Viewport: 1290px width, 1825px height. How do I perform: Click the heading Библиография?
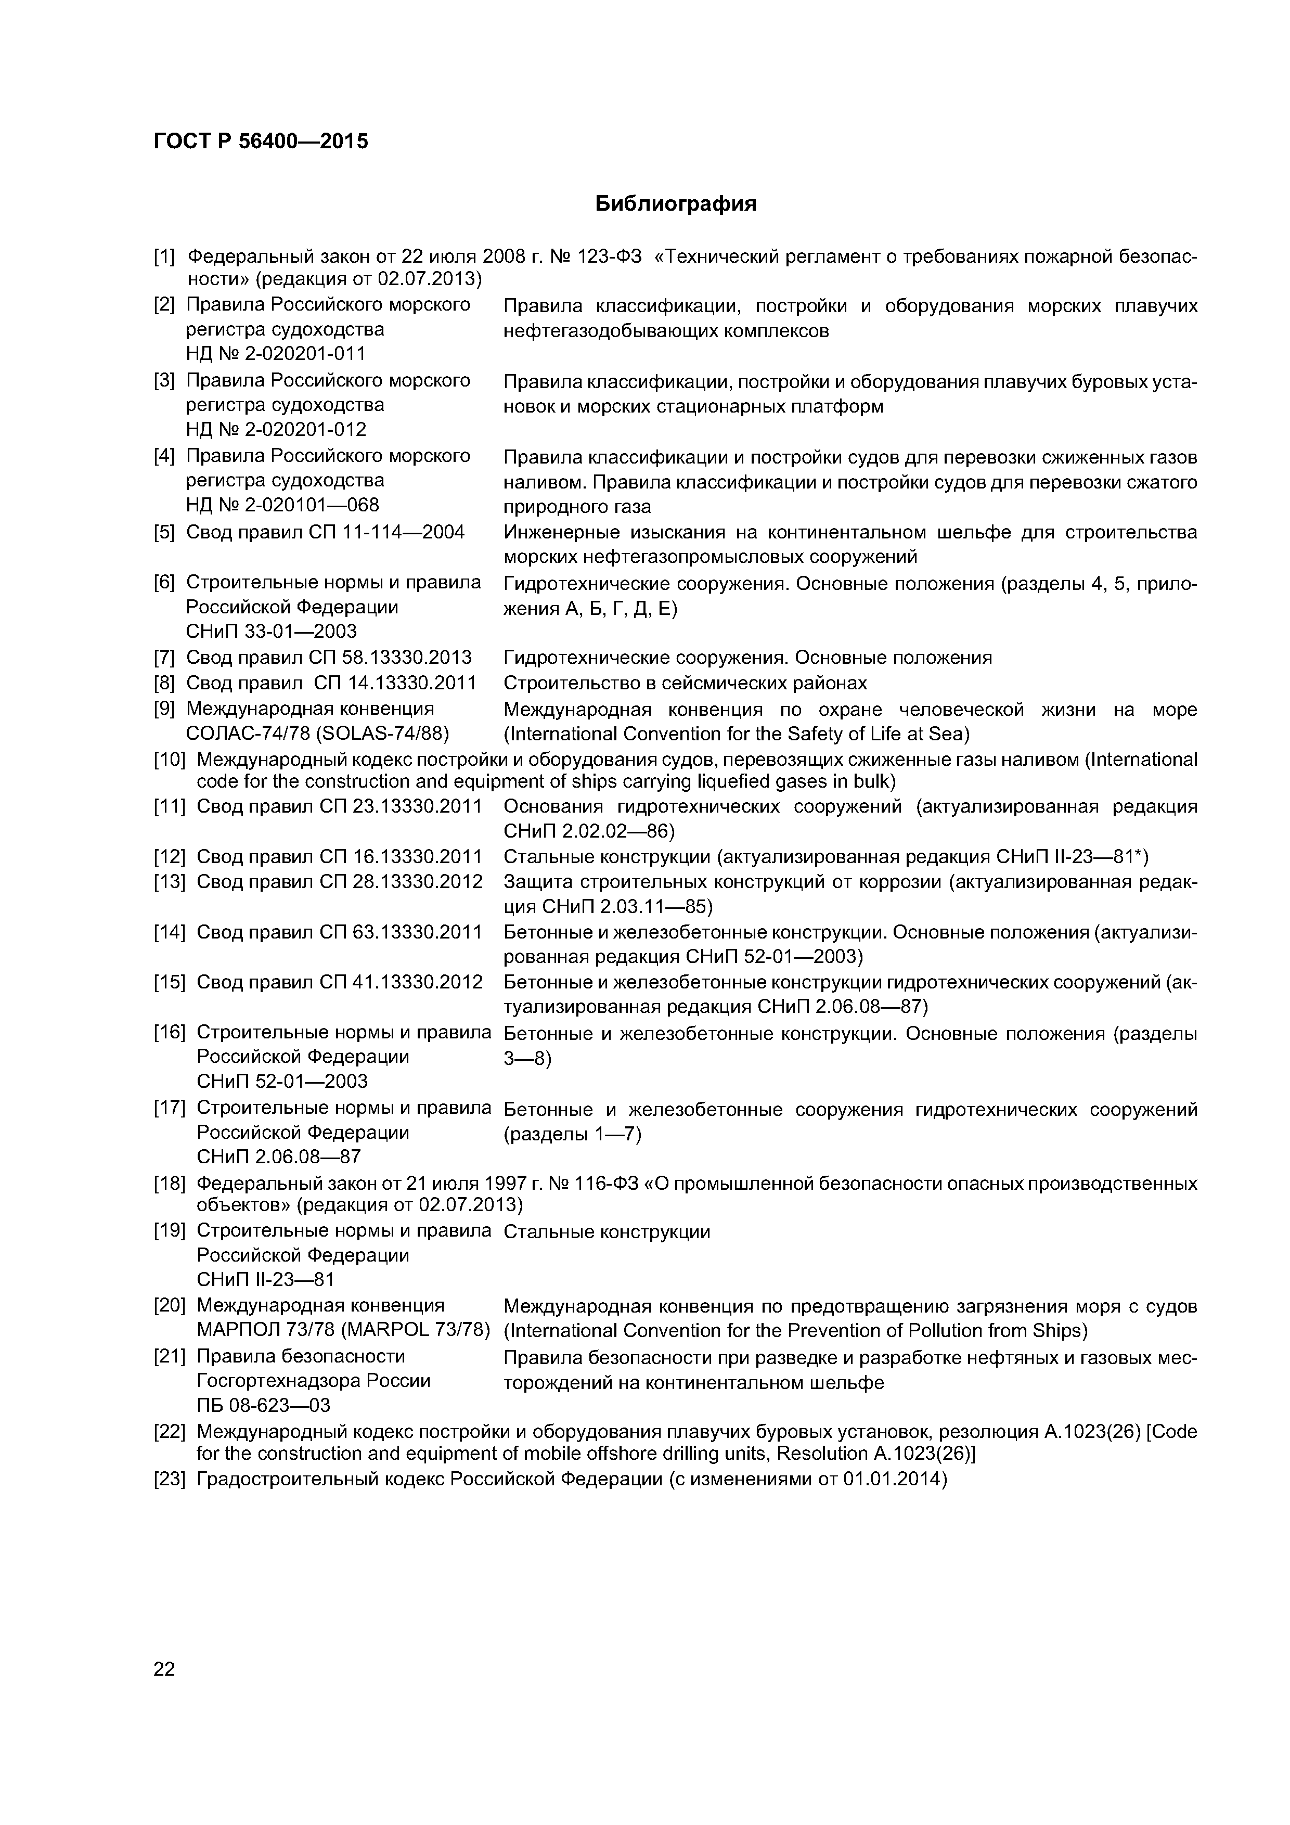(676, 204)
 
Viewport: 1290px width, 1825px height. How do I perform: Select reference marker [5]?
(164, 532)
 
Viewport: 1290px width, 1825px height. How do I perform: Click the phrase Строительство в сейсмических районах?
(685, 683)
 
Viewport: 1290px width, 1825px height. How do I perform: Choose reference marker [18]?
(169, 1184)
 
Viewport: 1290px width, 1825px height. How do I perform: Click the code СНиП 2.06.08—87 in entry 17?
(277, 1156)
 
